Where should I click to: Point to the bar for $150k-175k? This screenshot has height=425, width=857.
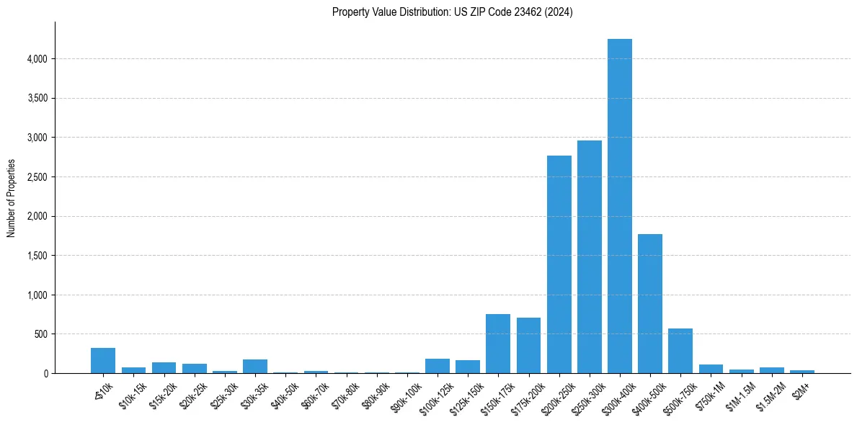[498, 344]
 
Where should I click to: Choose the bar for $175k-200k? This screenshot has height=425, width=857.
[528, 346]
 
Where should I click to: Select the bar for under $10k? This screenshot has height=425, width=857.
[103, 361]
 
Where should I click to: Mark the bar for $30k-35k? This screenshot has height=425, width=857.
[254, 366]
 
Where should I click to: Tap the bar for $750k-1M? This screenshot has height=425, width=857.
[710, 369]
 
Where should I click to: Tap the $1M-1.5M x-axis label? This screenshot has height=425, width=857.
[740, 392]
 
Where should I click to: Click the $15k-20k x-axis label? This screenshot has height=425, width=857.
[164, 392]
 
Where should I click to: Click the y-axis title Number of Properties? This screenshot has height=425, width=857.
[12, 198]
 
